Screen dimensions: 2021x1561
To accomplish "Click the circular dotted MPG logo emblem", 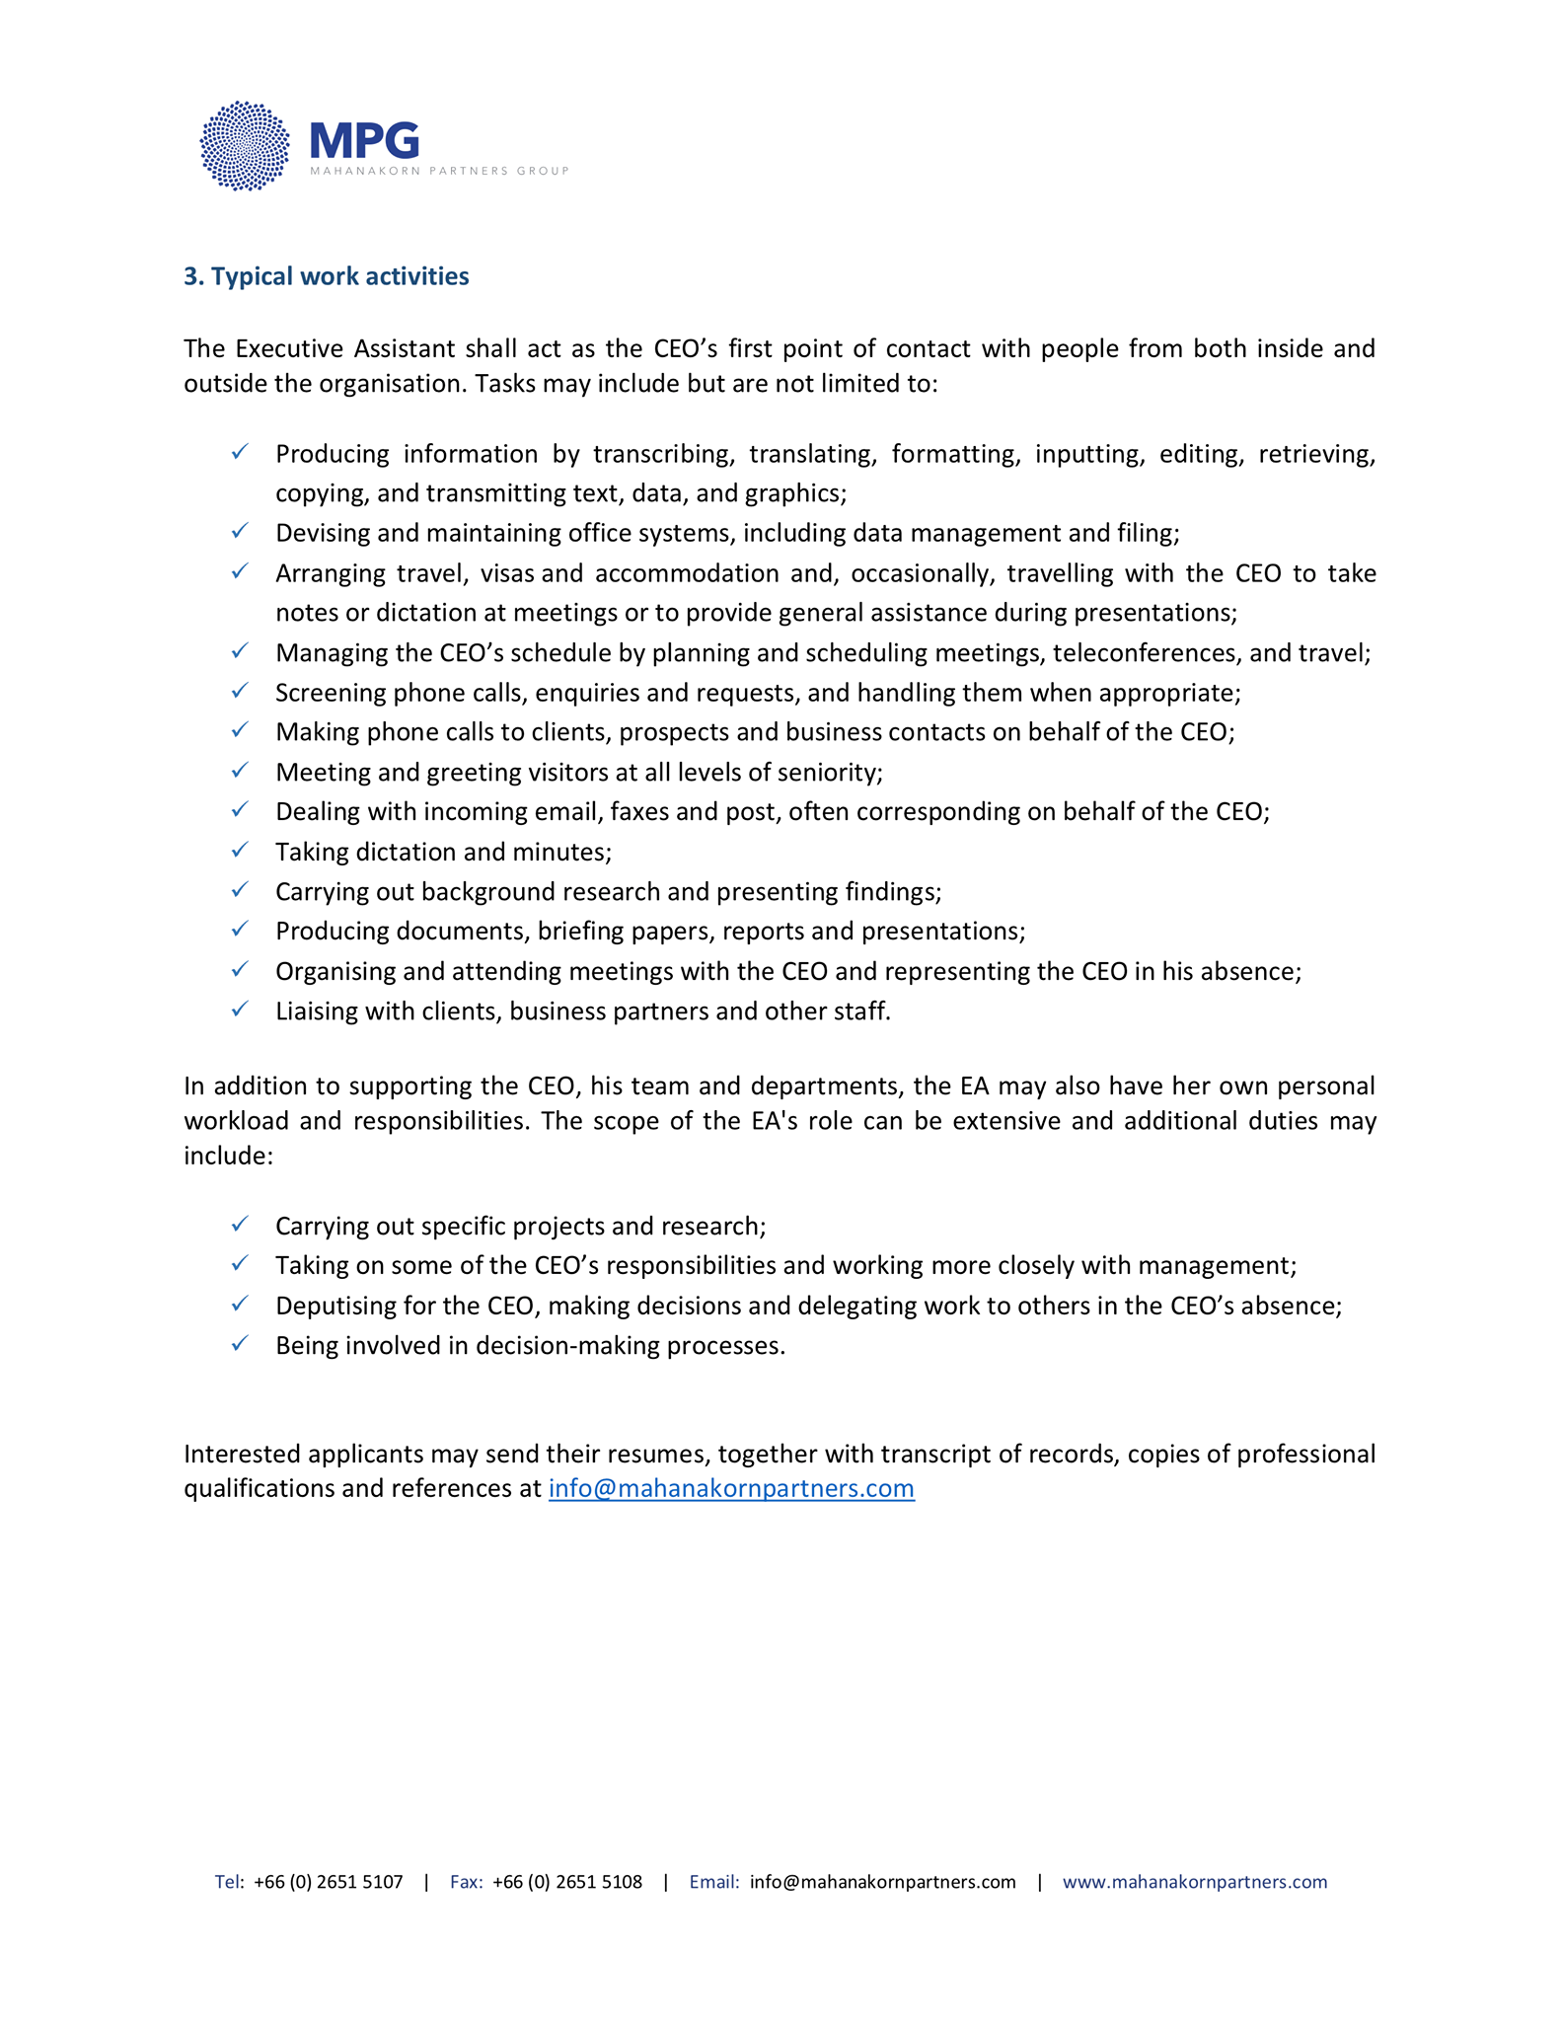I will [245, 146].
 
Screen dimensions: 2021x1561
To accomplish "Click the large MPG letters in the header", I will [364, 140].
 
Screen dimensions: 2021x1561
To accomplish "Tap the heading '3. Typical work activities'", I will [326, 276].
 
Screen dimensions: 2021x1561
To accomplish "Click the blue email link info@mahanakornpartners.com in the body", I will [731, 1488].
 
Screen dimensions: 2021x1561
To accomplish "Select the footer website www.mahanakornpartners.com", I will [1194, 1882].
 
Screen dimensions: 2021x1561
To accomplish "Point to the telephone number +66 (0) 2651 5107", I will [328, 1882].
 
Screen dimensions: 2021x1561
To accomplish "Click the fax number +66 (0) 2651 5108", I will [566, 1882].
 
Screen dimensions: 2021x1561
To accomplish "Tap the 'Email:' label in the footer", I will [713, 1882].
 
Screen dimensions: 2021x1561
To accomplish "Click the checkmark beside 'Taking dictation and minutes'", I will [240, 850].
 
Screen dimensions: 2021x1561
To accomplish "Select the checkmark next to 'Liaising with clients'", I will [240, 1010].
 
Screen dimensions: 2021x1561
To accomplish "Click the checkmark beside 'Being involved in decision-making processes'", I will [240, 1344].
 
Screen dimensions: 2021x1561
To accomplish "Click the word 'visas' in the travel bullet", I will [507, 573].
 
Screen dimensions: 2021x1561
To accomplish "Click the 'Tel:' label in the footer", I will [229, 1882].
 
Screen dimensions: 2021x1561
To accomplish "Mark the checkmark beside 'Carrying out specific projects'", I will [240, 1225].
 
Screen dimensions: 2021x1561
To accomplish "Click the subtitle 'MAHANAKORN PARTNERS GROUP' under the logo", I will [439, 172].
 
